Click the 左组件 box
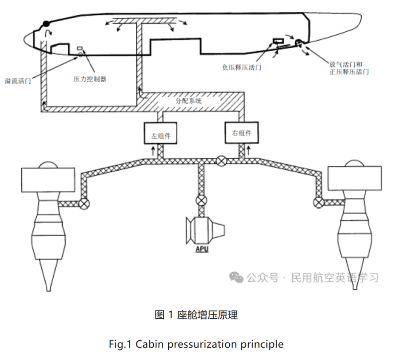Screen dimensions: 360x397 [x=161, y=133]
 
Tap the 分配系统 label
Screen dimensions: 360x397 [x=189, y=101]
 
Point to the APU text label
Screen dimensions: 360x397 [x=201, y=248]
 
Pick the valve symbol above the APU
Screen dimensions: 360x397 [x=201, y=201]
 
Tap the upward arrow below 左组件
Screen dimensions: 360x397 [x=153, y=149]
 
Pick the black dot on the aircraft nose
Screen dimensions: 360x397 [x=46, y=23]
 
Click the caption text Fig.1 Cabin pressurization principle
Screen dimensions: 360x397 [x=197, y=344]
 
